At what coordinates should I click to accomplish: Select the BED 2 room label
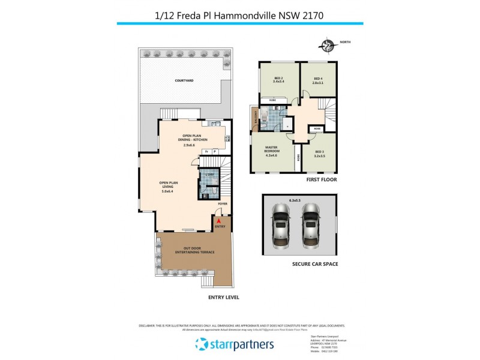[279, 79]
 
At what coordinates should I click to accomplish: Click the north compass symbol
[328, 45]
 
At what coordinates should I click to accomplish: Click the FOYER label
[223, 204]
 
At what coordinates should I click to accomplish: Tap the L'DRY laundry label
[209, 174]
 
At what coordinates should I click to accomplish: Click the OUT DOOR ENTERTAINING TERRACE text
[190, 250]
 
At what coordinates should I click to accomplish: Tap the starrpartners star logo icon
[201, 344]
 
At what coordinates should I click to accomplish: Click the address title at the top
[239, 13]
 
